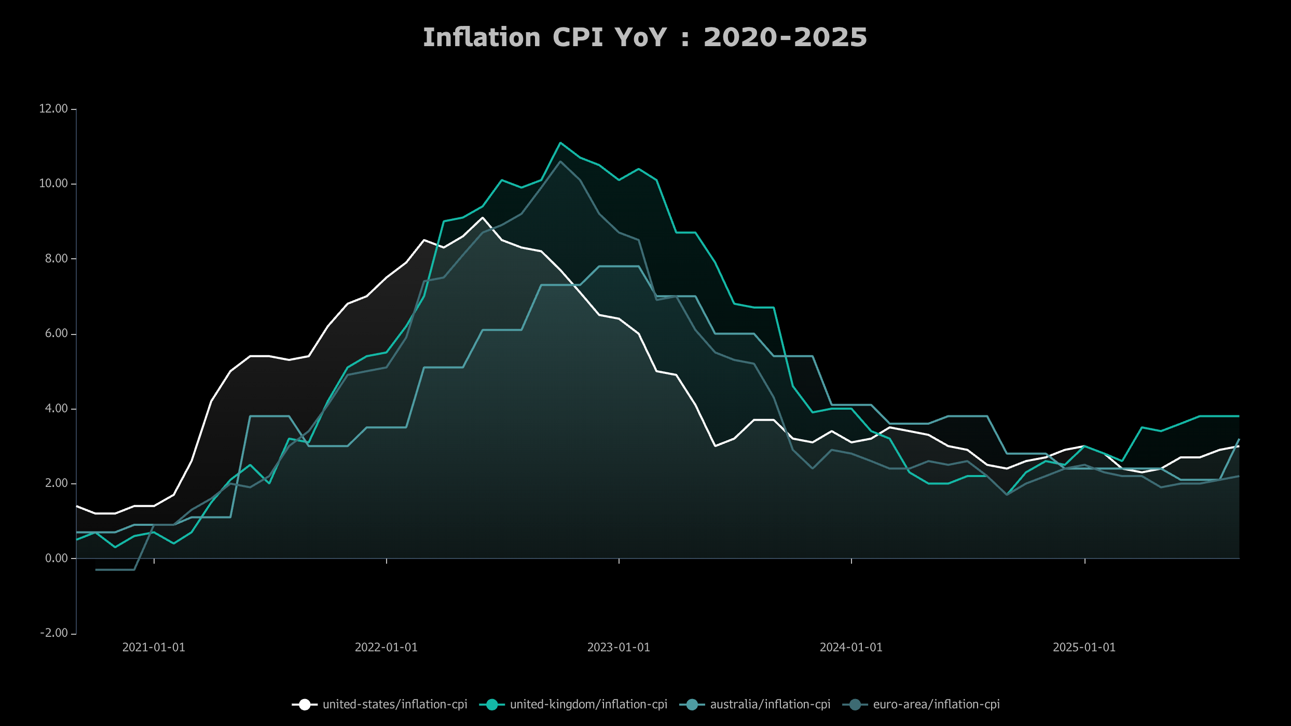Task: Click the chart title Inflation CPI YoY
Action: tap(644, 37)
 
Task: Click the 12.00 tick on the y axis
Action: tap(53, 109)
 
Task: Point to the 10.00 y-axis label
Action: tap(53, 184)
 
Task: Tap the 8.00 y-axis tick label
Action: tap(56, 259)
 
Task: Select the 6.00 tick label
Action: tap(56, 333)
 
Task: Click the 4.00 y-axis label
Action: tap(56, 409)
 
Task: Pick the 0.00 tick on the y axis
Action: tap(56, 559)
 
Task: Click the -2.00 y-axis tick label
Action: tap(54, 633)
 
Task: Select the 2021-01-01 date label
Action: tap(154, 647)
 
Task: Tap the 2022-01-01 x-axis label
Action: tap(386, 647)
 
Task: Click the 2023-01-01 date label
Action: tap(619, 647)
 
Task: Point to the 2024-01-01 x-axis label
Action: tap(851, 647)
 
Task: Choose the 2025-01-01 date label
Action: tap(1084, 647)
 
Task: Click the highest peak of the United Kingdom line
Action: tap(560, 143)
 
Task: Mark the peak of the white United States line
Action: tap(483, 218)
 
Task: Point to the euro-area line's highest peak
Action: tap(560, 161)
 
